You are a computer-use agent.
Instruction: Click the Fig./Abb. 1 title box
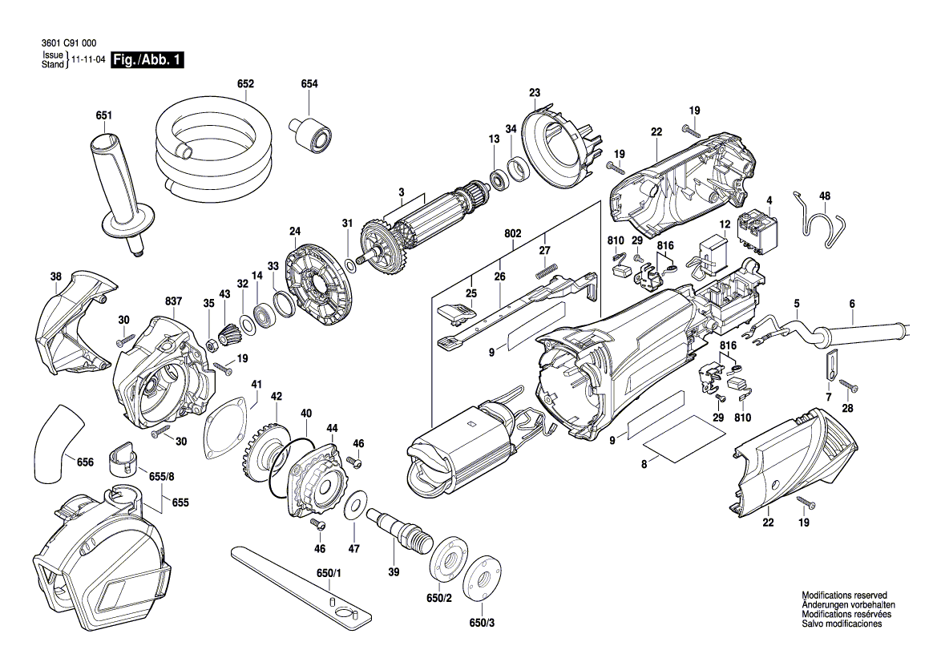(147, 60)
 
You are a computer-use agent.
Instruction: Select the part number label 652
(245, 83)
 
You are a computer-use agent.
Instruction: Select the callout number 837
(173, 301)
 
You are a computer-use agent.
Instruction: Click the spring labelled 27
(548, 272)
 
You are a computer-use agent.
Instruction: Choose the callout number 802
(513, 233)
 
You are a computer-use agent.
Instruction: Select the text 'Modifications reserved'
(844, 595)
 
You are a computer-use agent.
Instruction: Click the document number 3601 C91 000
(69, 43)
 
